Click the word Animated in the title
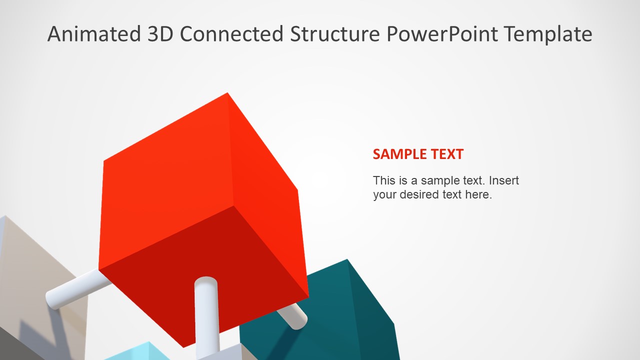point(94,34)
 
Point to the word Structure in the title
point(335,34)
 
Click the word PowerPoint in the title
point(442,34)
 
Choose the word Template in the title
point(548,34)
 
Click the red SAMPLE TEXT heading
point(418,154)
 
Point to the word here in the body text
point(478,194)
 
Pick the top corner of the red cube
point(228,93)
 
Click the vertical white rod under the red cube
point(206,315)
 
